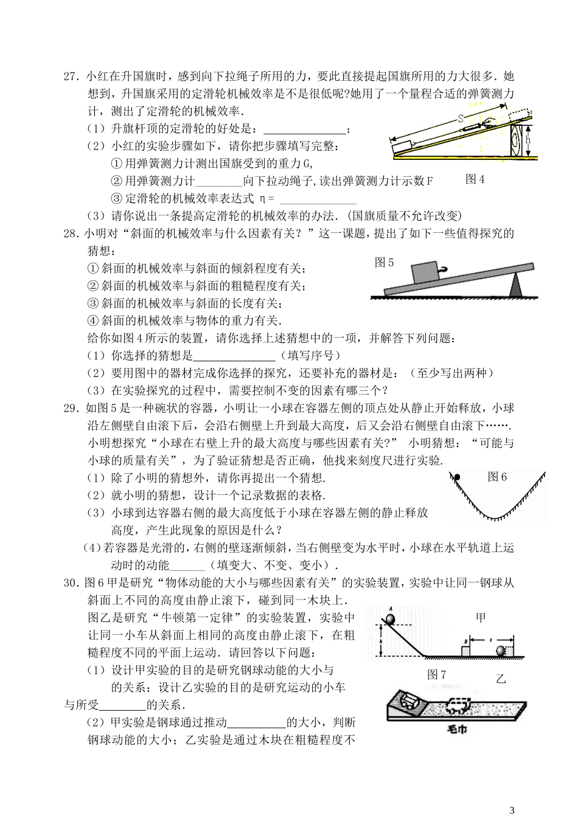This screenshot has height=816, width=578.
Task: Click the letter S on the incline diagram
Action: [x=460, y=119]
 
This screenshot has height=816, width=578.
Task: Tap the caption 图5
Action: [x=385, y=263]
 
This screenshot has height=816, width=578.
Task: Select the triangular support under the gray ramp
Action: [x=517, y=285]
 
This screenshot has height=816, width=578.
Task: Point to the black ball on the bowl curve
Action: [x=456, y=476]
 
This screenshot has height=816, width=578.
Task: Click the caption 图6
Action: [x=497, y=477]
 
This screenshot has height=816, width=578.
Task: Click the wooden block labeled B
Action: [x=465, y=651]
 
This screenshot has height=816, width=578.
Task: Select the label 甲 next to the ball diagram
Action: [x=481, y=618]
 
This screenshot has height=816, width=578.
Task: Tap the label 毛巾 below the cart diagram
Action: [x=457, y=728]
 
